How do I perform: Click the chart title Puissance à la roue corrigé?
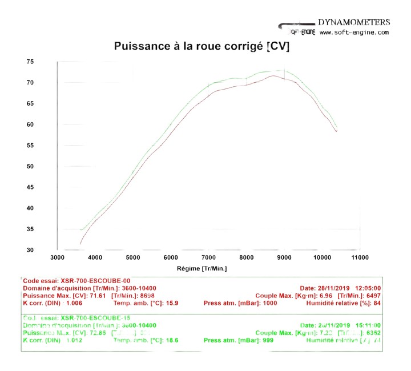(202, 47)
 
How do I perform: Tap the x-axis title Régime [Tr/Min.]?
(202, 268)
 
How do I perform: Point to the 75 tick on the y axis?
(45, 62)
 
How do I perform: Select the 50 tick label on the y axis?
(45, 167)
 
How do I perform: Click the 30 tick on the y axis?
(45, 250)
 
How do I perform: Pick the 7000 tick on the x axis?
(208, 258)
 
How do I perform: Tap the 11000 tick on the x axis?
(360, 258)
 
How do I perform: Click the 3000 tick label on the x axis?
(57, 258)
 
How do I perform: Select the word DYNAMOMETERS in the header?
(354, 22)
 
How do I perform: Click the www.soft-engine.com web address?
(354, 33)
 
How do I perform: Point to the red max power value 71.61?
(99, 296)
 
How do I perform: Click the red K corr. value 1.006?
(72, 303)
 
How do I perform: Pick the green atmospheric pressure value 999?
(267, 340)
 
